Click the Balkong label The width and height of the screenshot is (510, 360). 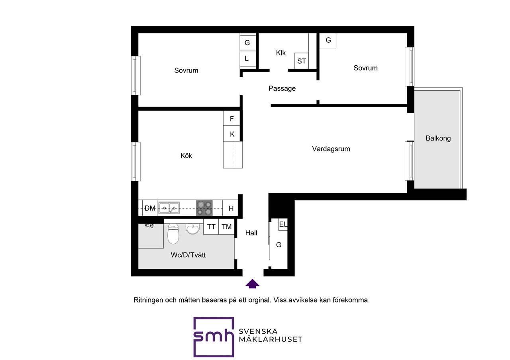pyautogui.click(x=438, y=139)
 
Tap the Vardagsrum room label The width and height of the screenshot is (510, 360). pyautogui.click(x=331, y=149)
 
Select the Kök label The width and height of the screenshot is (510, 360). pyautogui.click(x=186, y=156)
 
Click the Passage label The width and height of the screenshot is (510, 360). pyautogui.click(x=282, y=88)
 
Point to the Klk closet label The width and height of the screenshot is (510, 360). pyautogui.click(x=280, y=53)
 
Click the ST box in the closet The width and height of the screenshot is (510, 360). pyautogui.click(x=302, y=61)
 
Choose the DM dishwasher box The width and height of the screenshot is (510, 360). pyautogui.click(x=150, y=208)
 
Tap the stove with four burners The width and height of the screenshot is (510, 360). pyautogui.click(x=205, y=208)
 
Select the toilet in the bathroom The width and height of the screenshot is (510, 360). pyautogui.click(x=173, y=234)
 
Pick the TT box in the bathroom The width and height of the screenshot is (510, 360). pyautogui.click(x=211, y=227)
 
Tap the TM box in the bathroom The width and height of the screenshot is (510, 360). pyautogui.click(x=227, y=227)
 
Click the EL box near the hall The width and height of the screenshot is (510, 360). pyautogui.click(x=283, y=225)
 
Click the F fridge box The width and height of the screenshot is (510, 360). pyautogui.click(x=232, y=118)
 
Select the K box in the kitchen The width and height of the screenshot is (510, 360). pyautogui.click(x=232, y=134)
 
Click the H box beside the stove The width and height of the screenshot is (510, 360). pyautogui.click(x=231, y=208)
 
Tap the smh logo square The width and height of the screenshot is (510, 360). pyautogui.click(x=214, y=337)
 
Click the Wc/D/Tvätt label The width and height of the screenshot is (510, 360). pyautogui.click(x=188, y=255)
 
